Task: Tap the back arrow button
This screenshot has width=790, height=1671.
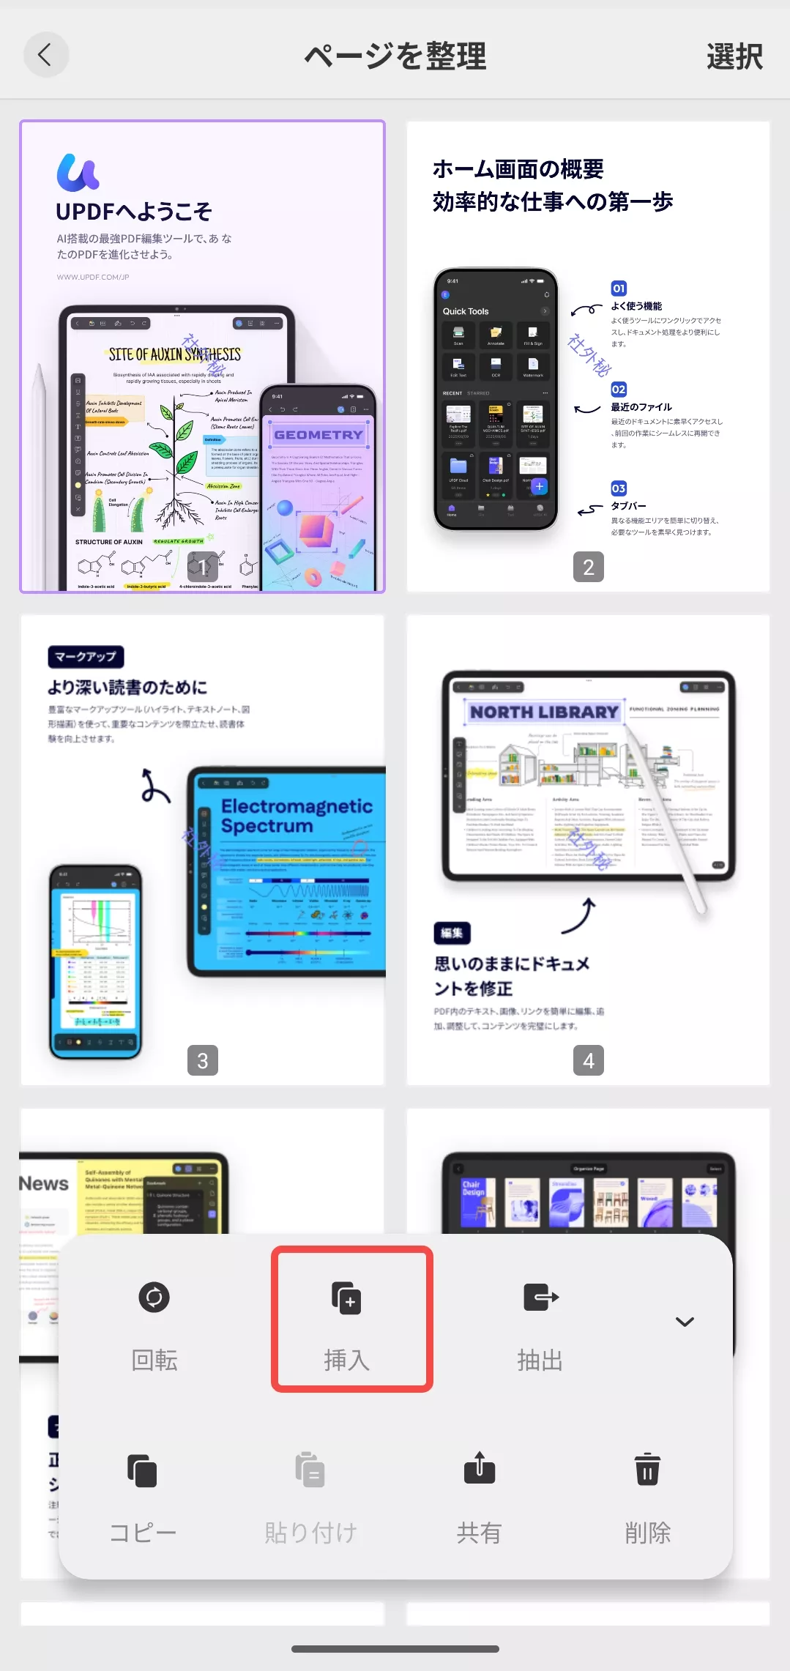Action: point(45,55)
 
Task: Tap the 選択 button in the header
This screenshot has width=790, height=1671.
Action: point(734,56)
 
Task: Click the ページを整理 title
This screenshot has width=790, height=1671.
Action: point(395,56)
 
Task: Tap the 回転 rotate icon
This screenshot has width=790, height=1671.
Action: point(154,1298)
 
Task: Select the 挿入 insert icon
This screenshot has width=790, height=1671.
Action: point(347,1298)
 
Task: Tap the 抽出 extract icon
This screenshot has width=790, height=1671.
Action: point(540,1298)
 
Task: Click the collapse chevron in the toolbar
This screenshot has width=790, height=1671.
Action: point(685,1322)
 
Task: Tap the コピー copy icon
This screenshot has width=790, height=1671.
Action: point(142,1470)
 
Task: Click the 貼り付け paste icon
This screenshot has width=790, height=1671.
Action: point(310,1470)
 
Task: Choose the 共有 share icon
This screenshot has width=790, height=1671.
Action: point(480,1469)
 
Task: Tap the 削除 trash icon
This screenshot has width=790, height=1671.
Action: point(647,1469)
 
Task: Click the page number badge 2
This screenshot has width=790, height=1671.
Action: point(589,567)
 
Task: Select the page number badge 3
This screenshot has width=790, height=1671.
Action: point(203,1060)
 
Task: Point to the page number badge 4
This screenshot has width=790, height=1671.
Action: point(589,1060)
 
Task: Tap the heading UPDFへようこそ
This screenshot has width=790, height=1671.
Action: point(134,212)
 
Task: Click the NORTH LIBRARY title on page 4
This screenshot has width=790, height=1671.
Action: point(544,712)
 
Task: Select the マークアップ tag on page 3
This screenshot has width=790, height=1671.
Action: point(86,657)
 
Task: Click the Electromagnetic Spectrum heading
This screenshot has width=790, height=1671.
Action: point(297,816)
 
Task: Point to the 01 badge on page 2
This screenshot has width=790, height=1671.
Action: point(619,289)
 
